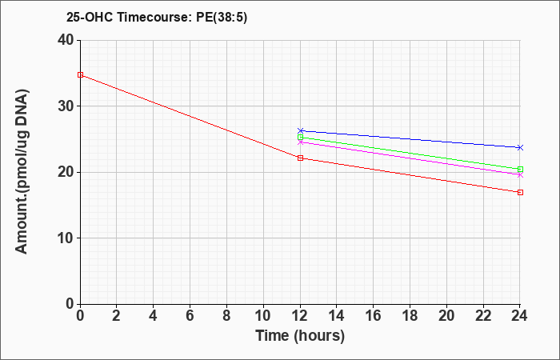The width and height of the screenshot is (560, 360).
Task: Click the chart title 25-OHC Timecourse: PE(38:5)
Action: [x=157, y=18]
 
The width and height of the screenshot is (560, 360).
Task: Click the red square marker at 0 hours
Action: [x=80, y=75]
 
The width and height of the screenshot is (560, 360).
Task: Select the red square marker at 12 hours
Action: [x=300, y=158]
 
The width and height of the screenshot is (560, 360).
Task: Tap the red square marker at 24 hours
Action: [x=520, y=192]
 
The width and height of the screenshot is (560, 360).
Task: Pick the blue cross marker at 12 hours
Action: [x=300, y=130]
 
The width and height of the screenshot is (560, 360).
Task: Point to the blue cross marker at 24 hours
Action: [x=520, y=147]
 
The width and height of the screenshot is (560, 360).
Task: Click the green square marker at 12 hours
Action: [x=300, y=137]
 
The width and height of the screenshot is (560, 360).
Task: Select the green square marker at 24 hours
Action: [x=520, y=170]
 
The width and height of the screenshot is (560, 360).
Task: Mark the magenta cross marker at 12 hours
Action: [x=300, y=142]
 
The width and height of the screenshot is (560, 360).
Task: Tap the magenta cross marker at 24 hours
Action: [x=520, y=175]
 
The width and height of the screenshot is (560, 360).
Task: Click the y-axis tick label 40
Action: [x=66, y=40]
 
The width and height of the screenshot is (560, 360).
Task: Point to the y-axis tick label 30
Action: [x=66, y=106]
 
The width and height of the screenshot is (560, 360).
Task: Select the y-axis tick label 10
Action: [x=66, y=238]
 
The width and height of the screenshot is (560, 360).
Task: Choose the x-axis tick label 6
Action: [x=190, y=316]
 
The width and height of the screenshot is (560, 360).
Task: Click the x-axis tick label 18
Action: [x=410, y=316]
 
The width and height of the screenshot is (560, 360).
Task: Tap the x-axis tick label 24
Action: [x=519, y=316]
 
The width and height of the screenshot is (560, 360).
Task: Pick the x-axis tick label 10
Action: [x=263, y=316]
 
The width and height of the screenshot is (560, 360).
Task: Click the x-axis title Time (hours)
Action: [x=300, y=336]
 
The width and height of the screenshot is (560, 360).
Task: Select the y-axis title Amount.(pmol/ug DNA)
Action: [x=22, y=171]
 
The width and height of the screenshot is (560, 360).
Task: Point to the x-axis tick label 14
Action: [x=337, y=316]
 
